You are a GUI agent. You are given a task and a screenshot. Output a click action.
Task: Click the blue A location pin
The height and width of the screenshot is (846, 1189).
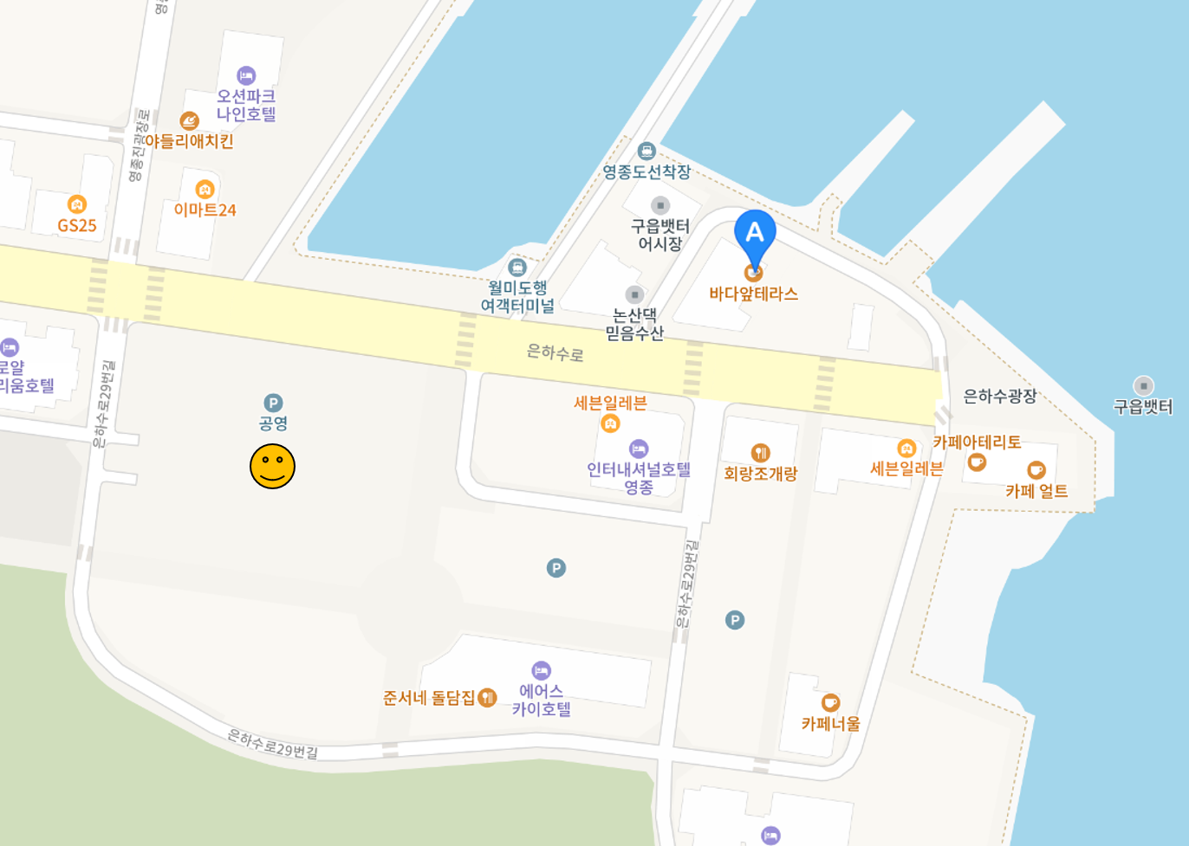tap(755, 236)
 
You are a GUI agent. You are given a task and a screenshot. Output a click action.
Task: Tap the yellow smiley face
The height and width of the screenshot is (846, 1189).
tap(272, 466)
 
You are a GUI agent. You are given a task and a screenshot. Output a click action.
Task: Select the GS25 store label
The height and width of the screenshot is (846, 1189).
tap(77, 225)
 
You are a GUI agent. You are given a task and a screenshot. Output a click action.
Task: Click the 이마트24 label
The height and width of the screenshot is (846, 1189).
tap(205, 210)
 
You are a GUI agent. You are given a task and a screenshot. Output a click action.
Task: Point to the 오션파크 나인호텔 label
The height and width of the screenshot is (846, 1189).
tap(246, 105)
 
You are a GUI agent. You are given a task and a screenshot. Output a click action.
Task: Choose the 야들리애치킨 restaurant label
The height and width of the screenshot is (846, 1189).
tap(189, 140)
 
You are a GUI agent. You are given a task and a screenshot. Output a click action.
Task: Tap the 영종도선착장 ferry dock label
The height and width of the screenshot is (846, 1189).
tap(646, 171)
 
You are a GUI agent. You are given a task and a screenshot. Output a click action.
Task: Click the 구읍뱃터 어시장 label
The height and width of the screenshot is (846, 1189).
tap(660, 235)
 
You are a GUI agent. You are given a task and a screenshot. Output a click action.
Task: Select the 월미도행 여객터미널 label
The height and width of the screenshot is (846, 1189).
tap(517, 296)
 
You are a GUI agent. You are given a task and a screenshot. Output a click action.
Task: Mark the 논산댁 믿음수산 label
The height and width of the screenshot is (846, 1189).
tap(634, 323)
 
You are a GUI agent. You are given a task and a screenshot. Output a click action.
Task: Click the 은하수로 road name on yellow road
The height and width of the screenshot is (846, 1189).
tap(556, 352)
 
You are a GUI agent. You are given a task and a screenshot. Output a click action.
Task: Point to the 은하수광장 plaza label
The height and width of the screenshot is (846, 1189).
tap(1000, 396)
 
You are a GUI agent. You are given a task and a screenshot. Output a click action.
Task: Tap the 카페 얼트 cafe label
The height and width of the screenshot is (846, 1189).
tap(1036, 491)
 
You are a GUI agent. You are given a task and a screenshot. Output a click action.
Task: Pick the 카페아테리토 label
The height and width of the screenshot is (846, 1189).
tap(977, 442)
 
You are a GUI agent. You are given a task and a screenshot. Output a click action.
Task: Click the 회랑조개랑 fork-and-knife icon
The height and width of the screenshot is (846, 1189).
tap(760, 452)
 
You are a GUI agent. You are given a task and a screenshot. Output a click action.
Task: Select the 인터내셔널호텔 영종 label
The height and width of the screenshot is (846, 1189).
tap(639, 478)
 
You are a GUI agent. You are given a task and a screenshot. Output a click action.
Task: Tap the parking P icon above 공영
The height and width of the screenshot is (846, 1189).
tap(273, 403)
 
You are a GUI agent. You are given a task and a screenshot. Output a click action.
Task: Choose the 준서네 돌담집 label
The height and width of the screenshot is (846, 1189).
tap(429, 697)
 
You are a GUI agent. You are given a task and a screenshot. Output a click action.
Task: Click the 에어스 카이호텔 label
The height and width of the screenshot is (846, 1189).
tap(542, 700)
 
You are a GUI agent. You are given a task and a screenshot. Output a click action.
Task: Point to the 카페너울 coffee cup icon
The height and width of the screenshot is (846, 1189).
tap(830, 702)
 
